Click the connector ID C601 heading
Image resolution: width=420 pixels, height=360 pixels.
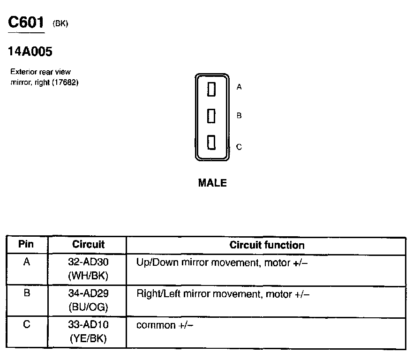pyautogui.click(x=27, y=23)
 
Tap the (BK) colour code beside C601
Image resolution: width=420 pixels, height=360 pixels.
pyautogui.click(x=61, y=24)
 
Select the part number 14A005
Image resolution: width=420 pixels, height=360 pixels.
pyautogui.click(x=30, y=51)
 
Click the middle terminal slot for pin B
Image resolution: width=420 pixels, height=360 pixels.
pyautogui.click(x=211, y=115)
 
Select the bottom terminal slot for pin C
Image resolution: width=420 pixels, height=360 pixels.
pyautogui.click(x=211, y=142)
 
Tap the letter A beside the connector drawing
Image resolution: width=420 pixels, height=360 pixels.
pyautogui.click(x=239, y=87)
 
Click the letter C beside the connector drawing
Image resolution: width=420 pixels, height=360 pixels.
pyautogui.click(x=239, y=147)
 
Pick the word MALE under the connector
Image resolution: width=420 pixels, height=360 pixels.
pyautogui.click(x=212, y=183)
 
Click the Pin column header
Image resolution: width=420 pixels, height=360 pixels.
pyautogui.click(x=26, y=245)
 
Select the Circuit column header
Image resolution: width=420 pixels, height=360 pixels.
pyautogui.click(x=88, y=245)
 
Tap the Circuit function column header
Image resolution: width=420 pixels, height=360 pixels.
pyautogui.click(x=267, y=245)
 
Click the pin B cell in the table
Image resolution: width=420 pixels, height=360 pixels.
pyautogui.click(x=27, y=293)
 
